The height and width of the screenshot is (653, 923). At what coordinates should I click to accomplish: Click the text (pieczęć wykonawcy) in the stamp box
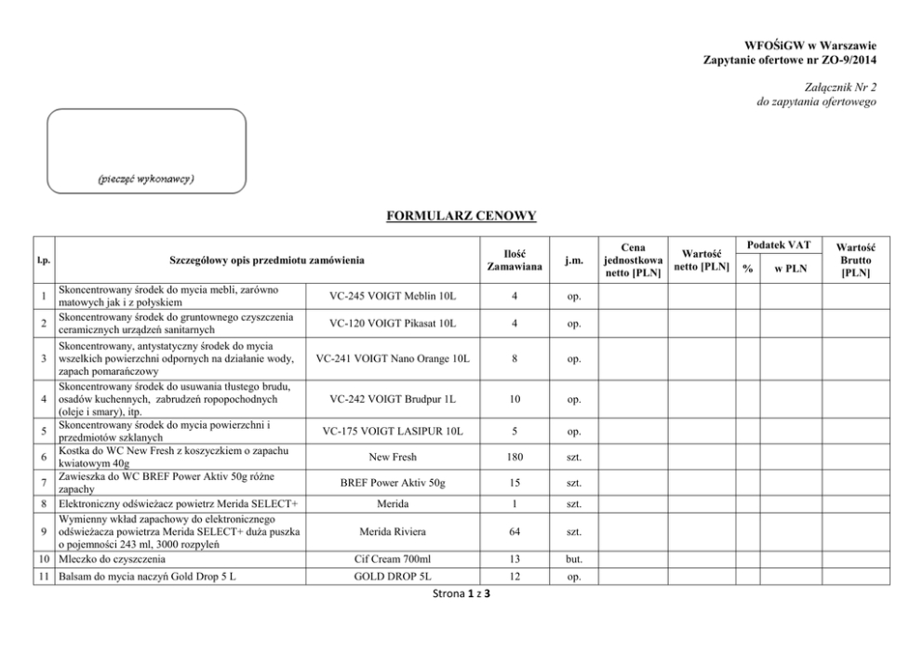[x=147, y=178]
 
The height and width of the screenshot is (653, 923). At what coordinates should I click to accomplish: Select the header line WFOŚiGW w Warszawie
[x=810, y=46]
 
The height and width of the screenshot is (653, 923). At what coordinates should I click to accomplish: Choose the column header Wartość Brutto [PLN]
[x=854, y=260]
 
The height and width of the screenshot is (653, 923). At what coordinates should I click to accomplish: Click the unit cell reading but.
[x=575, y=560]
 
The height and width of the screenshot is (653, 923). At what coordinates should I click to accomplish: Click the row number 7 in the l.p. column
[x=45, y=483]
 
